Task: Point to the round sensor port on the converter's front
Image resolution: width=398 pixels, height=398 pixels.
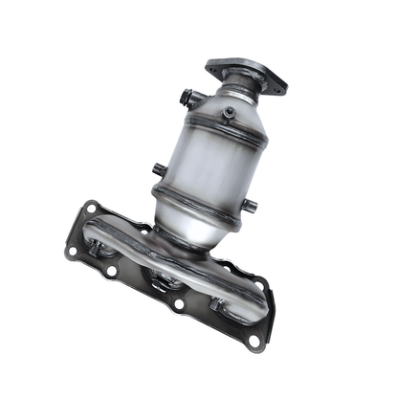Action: click(229, 113)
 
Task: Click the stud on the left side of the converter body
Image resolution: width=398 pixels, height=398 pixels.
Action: click(159, 170)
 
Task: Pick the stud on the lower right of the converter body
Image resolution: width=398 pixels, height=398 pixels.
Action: click(250, 206)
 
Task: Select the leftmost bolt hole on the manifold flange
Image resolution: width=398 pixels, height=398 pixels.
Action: click(72, 252)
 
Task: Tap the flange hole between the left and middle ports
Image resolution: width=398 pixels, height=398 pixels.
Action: click(112, 272)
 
